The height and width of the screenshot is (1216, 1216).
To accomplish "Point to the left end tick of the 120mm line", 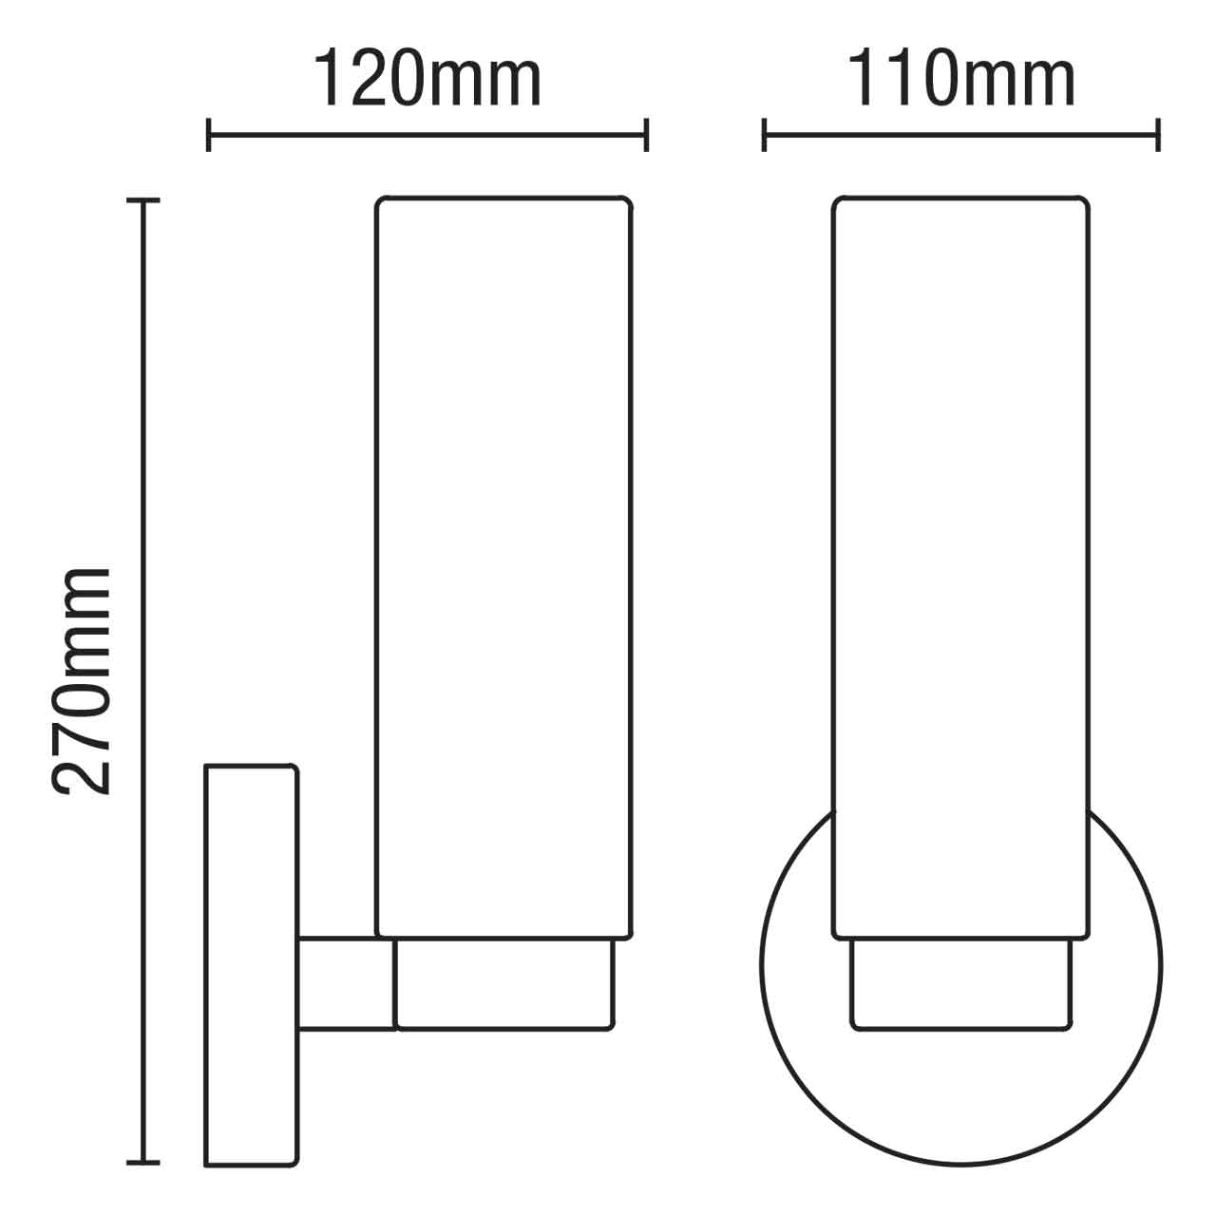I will [x=209, y=134].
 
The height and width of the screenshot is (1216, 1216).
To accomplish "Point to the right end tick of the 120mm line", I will [x=646, y=134].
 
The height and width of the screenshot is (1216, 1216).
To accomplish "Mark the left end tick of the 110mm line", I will [x=764, y=134].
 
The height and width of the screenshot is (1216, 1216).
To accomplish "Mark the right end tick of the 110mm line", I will [x=1158, y=134].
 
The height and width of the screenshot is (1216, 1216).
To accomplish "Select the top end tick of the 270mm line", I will [x=143, y=201].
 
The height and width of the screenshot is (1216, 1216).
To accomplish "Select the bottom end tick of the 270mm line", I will [x=143, y=1162].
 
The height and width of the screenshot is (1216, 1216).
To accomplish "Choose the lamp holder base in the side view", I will [x=503, y=983].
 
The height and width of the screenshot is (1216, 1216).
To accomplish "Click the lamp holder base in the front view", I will [x=960, y=983].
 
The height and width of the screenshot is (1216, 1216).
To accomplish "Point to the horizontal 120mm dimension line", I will [x=427, y=134].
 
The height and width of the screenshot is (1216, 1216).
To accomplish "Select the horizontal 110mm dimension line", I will [x=960, y=134].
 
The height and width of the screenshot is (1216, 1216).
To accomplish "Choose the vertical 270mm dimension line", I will [x=143, y=475].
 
